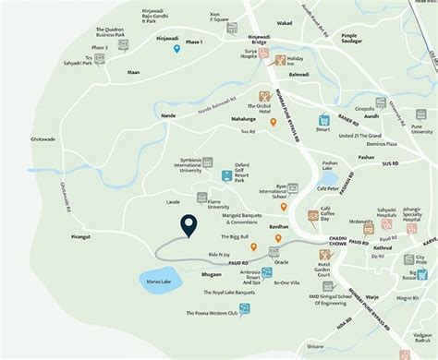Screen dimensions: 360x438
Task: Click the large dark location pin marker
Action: [189, 225]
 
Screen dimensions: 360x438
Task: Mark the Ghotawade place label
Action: [43, 139]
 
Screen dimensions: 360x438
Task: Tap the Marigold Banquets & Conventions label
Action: [229, 219]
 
